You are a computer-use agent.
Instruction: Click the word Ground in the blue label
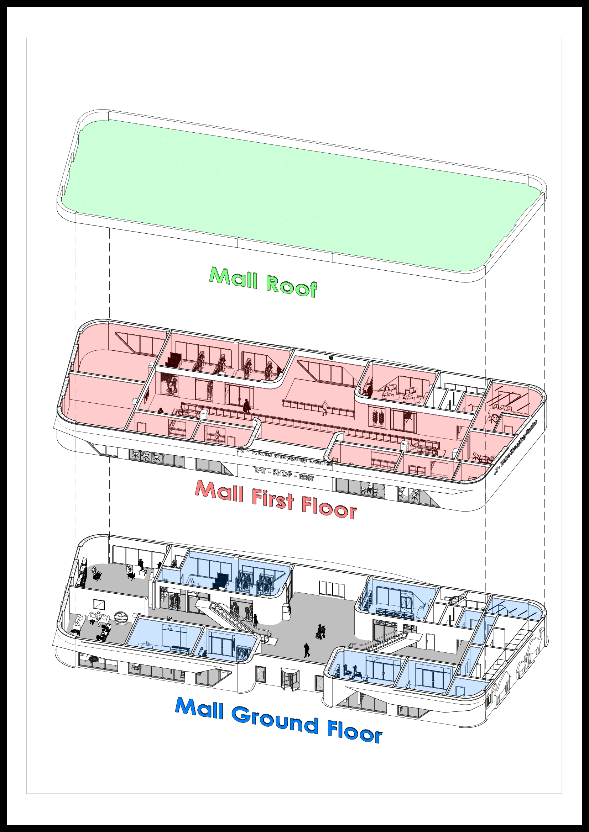click(275, 722)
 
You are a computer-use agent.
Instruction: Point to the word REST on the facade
click(306, 478)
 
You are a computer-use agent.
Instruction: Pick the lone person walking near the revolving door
click(307, 650)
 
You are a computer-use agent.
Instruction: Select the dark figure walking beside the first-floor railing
click(247, 406)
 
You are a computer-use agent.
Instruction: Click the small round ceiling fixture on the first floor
click(331, 357)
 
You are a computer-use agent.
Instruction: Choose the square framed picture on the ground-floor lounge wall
click(99, 604)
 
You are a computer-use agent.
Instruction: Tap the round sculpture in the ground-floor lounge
click(121, 616)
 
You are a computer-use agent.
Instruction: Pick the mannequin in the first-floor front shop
click(218, 437)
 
